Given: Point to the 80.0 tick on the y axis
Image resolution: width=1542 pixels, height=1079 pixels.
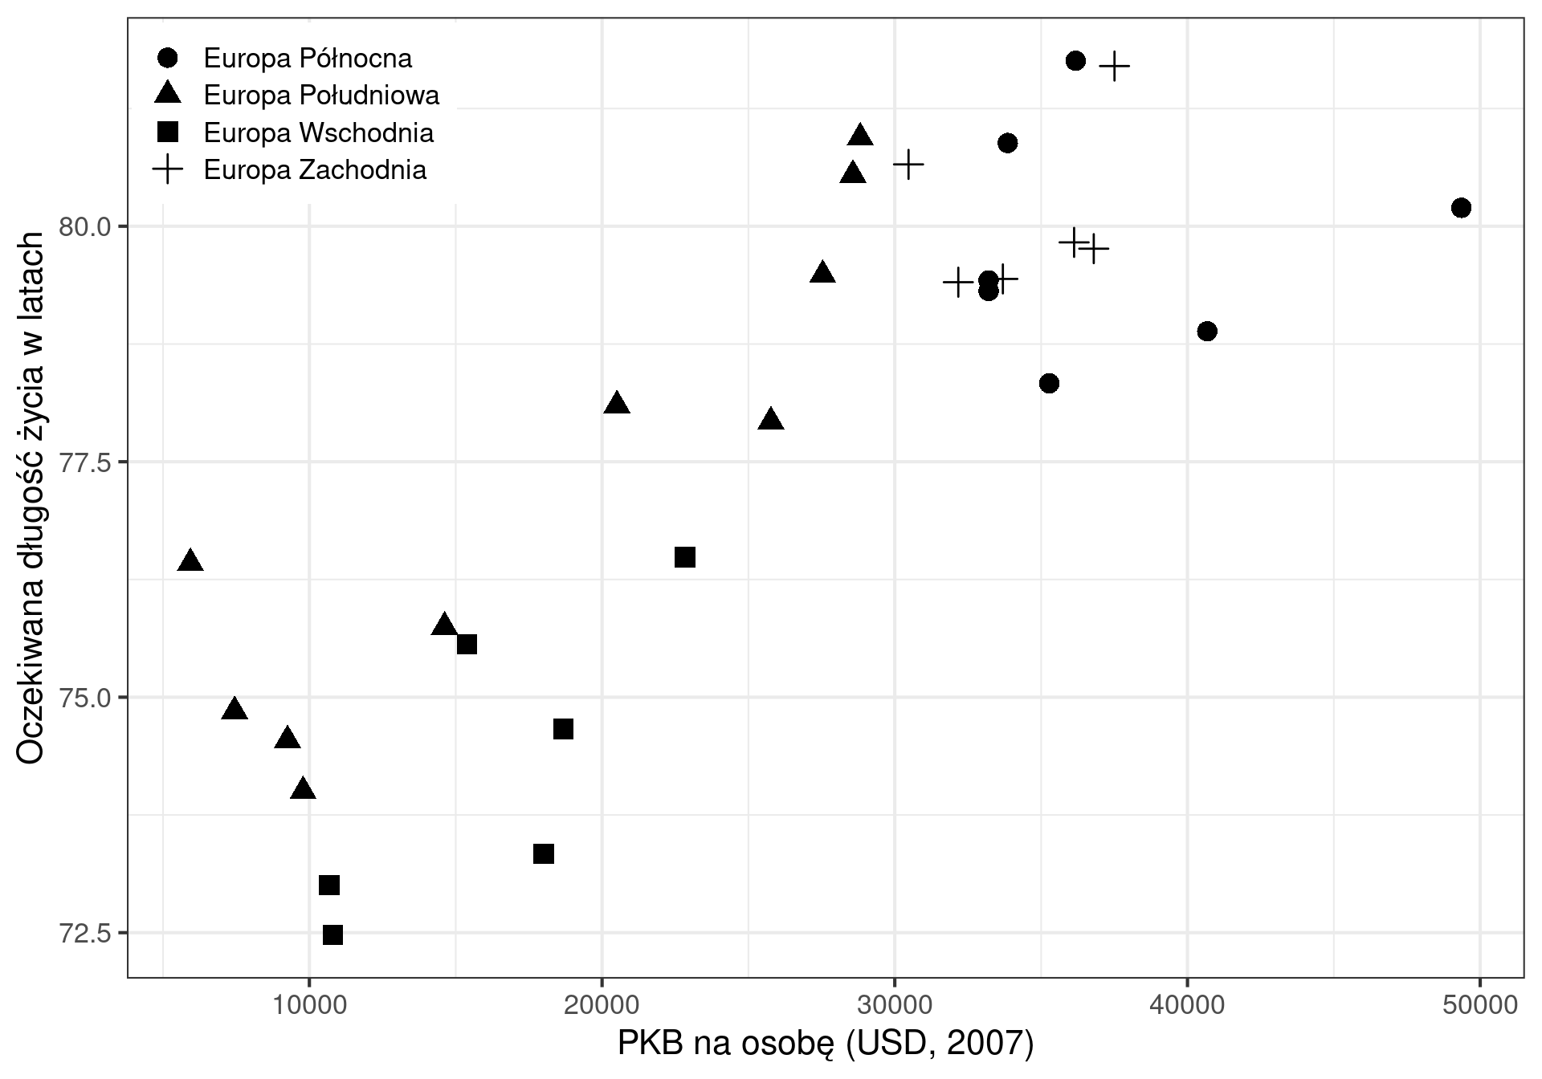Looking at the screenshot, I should click(x=84, y=227).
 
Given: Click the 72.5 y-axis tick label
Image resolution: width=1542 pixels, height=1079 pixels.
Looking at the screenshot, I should click(x=84, y=934).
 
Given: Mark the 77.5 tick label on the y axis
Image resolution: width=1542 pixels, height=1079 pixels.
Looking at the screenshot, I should click(x=84, y=462).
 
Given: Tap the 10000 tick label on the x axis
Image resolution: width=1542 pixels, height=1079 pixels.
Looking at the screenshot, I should click(x=309, y=1005).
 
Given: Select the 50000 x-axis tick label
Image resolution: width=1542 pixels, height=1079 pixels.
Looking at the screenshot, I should click(x=1479, y=1005).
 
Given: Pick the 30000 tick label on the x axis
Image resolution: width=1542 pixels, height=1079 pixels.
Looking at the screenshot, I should click(x=894, y=1005).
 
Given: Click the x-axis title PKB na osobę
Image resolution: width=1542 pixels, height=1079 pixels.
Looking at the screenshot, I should click(x=825, y=1044).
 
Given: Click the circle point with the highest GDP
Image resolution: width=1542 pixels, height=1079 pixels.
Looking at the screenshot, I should click(x=1461, y=208).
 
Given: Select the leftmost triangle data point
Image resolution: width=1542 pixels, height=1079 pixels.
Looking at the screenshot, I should click(x=190, y=560).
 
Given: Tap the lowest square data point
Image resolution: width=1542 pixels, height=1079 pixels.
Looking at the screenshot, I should click(x=332, y=934).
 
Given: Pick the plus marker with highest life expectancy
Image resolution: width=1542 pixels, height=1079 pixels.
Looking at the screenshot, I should click(x=1114, y=66).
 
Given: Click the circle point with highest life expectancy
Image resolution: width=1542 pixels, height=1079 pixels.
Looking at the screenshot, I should click(x=1075, y=60).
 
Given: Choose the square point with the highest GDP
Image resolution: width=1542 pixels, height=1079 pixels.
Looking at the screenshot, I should click(x=684, y=557).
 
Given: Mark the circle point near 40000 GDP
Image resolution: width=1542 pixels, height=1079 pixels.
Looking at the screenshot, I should click(x=1206, y=331).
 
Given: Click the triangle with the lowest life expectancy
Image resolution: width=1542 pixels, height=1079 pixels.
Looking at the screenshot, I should click(x=303, y=788).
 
